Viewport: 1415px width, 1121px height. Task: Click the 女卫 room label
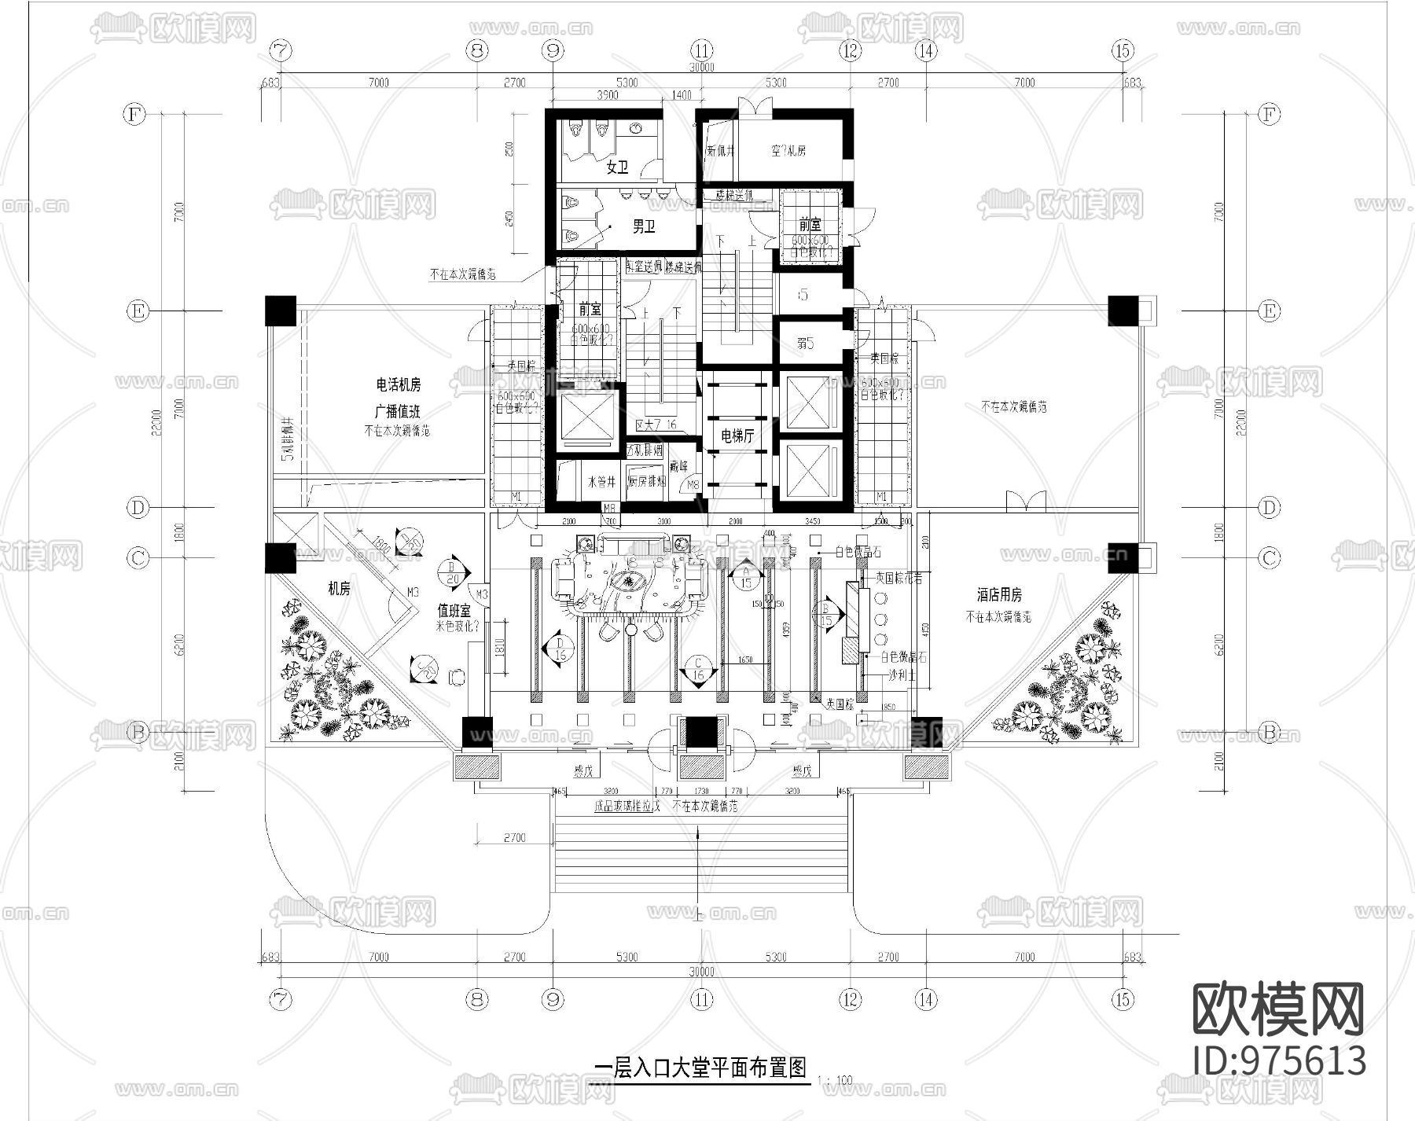[618, 167]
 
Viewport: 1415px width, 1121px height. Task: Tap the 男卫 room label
[644, 227]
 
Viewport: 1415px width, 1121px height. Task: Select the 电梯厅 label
[737, 435]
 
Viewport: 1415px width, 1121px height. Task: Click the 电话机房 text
[398, 385]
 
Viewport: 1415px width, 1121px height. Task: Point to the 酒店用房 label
[999, 596]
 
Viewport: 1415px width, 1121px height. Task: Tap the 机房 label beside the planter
[340, 589]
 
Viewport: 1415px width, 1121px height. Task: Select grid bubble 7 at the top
[281, 50]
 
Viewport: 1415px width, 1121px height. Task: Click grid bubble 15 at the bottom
[1123, 999]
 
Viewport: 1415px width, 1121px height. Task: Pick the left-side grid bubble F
[136, 115]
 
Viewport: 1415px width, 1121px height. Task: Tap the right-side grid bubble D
[1269, 507]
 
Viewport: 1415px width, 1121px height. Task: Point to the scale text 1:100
[834, 1081]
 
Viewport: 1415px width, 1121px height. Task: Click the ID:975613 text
[1279, 1060]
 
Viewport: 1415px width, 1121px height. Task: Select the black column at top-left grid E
[280, 311]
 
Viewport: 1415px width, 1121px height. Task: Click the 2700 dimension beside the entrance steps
[514, 838]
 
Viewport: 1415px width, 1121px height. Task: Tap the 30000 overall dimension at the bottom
[701, 972]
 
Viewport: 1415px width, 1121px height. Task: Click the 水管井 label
[601, 482]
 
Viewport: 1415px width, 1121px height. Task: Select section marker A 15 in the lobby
[745, 577]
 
